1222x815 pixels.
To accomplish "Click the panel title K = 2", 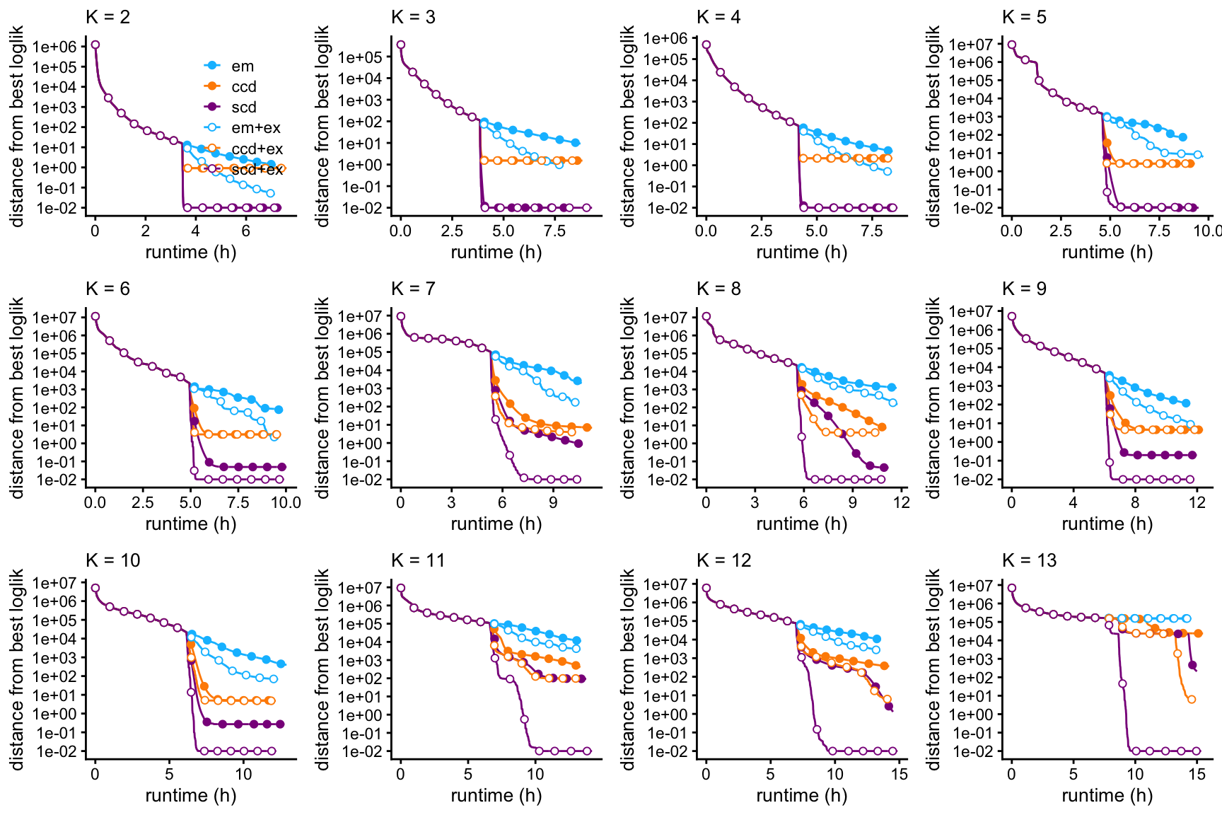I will coord(107,17).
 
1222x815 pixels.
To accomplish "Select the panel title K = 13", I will coord(1029,560).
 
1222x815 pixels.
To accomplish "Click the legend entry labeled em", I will coord(242,67).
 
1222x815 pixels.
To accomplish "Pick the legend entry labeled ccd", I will coord(243,87).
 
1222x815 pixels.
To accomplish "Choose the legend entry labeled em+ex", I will coord(255,128).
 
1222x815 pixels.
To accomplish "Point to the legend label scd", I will coord(243,108).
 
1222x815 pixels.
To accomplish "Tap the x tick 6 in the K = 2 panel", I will coord(245,231).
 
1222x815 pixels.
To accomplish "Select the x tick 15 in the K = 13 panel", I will coord(1197,774).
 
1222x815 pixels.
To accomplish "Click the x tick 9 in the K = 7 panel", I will coord(553,502).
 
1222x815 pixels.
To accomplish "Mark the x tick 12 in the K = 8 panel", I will coord(901,502).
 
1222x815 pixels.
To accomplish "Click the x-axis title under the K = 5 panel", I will coord(1107,253).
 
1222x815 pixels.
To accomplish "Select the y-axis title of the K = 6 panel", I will coord(17,398).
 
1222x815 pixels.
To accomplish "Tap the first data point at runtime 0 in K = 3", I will coord(401,45).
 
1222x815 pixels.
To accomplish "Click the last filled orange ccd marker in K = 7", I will coord(587,427).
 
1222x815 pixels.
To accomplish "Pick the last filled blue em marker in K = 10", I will coord(281,664).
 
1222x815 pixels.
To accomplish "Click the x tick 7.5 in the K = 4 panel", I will coord(871,231).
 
